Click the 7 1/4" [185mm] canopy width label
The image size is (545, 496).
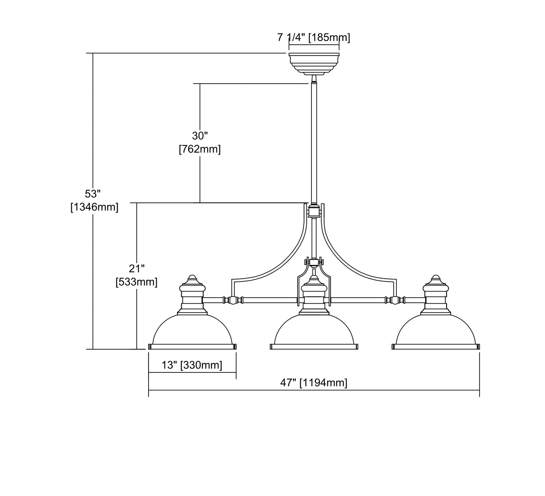coord(314,38)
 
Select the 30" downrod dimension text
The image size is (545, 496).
coord(200,136)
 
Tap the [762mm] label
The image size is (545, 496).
coord(200,149)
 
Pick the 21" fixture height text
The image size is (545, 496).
coord(137,269)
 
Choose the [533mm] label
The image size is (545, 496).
coord(137,282)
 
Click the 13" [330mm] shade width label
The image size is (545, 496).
coord(192,365)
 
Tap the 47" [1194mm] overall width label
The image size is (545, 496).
coord(313,383)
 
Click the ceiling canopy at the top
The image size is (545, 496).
coord(314,64)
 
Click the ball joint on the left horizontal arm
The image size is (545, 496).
coord(233,300)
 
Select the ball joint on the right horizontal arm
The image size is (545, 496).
coord(395,300)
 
